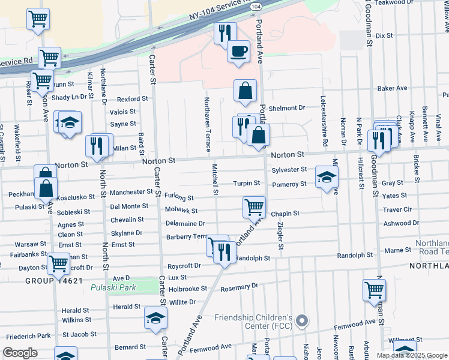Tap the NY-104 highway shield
(256, 5)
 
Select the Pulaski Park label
(113, 287)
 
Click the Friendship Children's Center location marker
(302, 320)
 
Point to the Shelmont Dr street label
(288, 108)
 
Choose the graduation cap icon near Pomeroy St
(327, 177)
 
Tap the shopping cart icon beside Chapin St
(255, 208)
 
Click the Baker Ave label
(393, 88)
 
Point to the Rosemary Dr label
(238, 286)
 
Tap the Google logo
(20, 353)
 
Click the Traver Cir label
(397, 210)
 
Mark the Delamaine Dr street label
(185, 223)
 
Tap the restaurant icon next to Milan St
(97, 145)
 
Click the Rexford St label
(132, 98)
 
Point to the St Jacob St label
(79, 334)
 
